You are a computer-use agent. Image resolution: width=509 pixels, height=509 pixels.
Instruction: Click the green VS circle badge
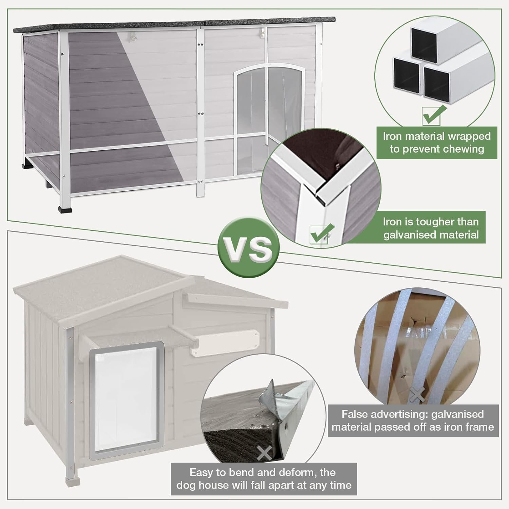pyautogui.click(x=249, y=247)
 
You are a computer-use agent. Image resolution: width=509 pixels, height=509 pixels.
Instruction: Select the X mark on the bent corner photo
pyautogui.click(x=264, y=453)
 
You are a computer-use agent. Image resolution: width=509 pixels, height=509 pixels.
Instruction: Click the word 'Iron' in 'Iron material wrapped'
pyautogui.click(x=393, y=136)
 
